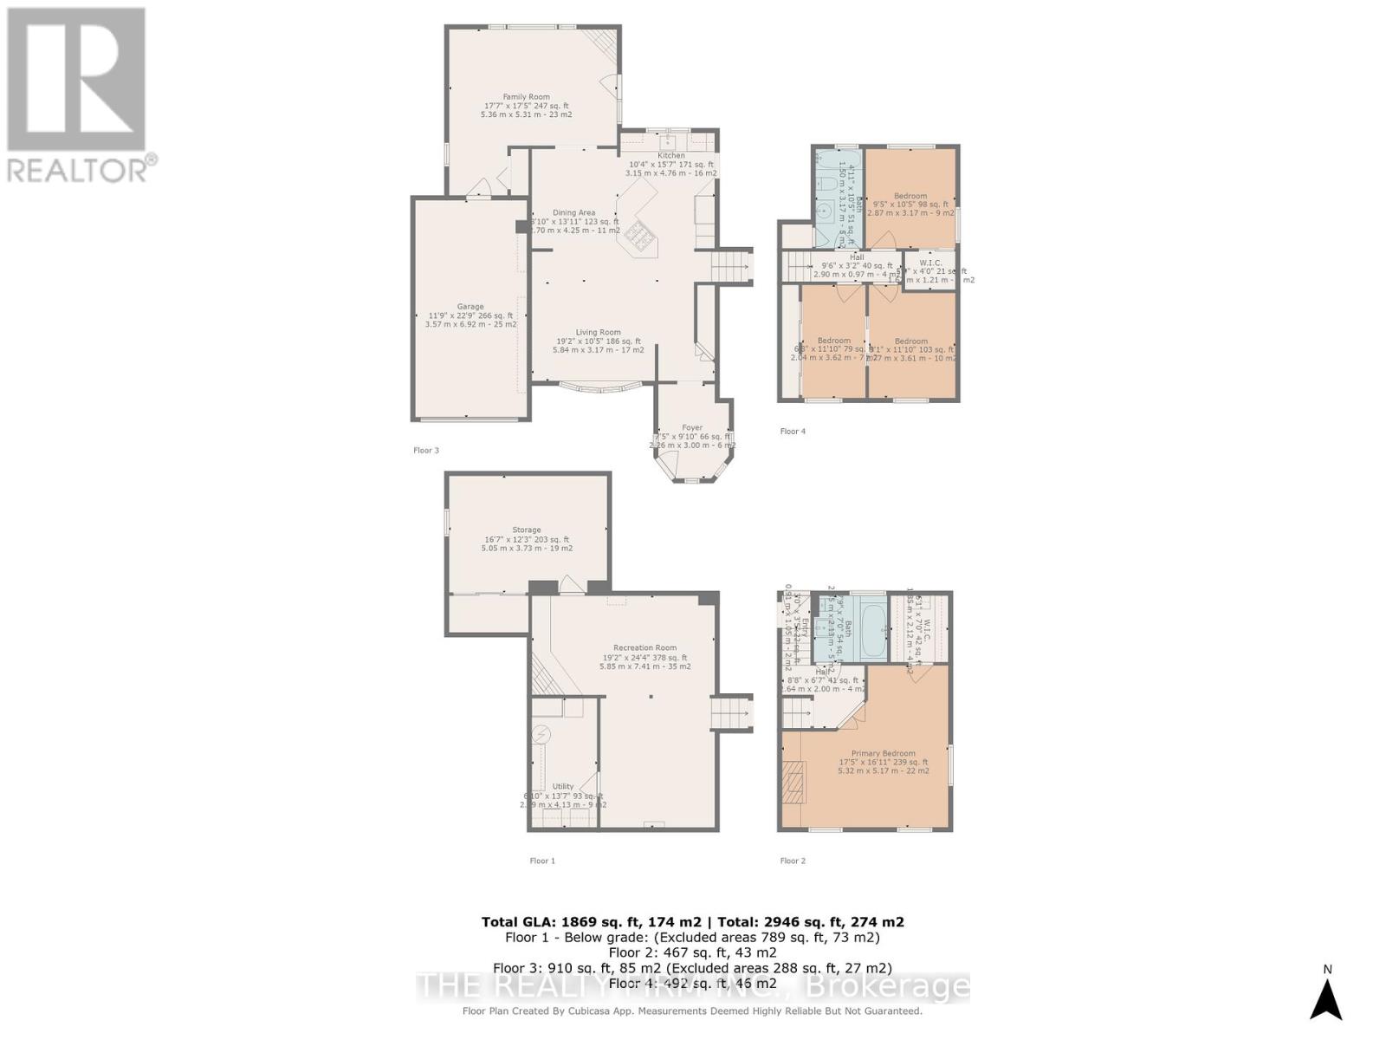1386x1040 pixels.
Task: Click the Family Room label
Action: tap(527, 97)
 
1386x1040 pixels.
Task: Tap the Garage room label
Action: tap(470, 307)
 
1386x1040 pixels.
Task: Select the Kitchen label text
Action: tap(670, 156)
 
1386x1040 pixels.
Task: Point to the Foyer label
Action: tap(692, 427)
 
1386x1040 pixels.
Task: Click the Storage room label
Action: tap(527, 530)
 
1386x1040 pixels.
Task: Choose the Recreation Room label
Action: tap(644, 648)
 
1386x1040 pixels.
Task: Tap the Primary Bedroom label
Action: tap(883, 753)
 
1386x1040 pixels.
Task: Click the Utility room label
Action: tap(563, 787)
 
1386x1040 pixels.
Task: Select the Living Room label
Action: tap(599, 332)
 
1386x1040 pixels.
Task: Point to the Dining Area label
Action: tap(574, 213)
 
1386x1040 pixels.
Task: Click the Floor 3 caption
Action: tap(426, 451)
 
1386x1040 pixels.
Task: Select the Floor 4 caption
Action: tap(793, 432)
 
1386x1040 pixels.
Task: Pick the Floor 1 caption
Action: tap(542, 861)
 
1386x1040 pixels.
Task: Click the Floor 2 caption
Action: tap(793, 861)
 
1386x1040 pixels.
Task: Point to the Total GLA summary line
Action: tap(693, 922)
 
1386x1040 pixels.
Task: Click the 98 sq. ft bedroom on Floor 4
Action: tap(910, 196)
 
